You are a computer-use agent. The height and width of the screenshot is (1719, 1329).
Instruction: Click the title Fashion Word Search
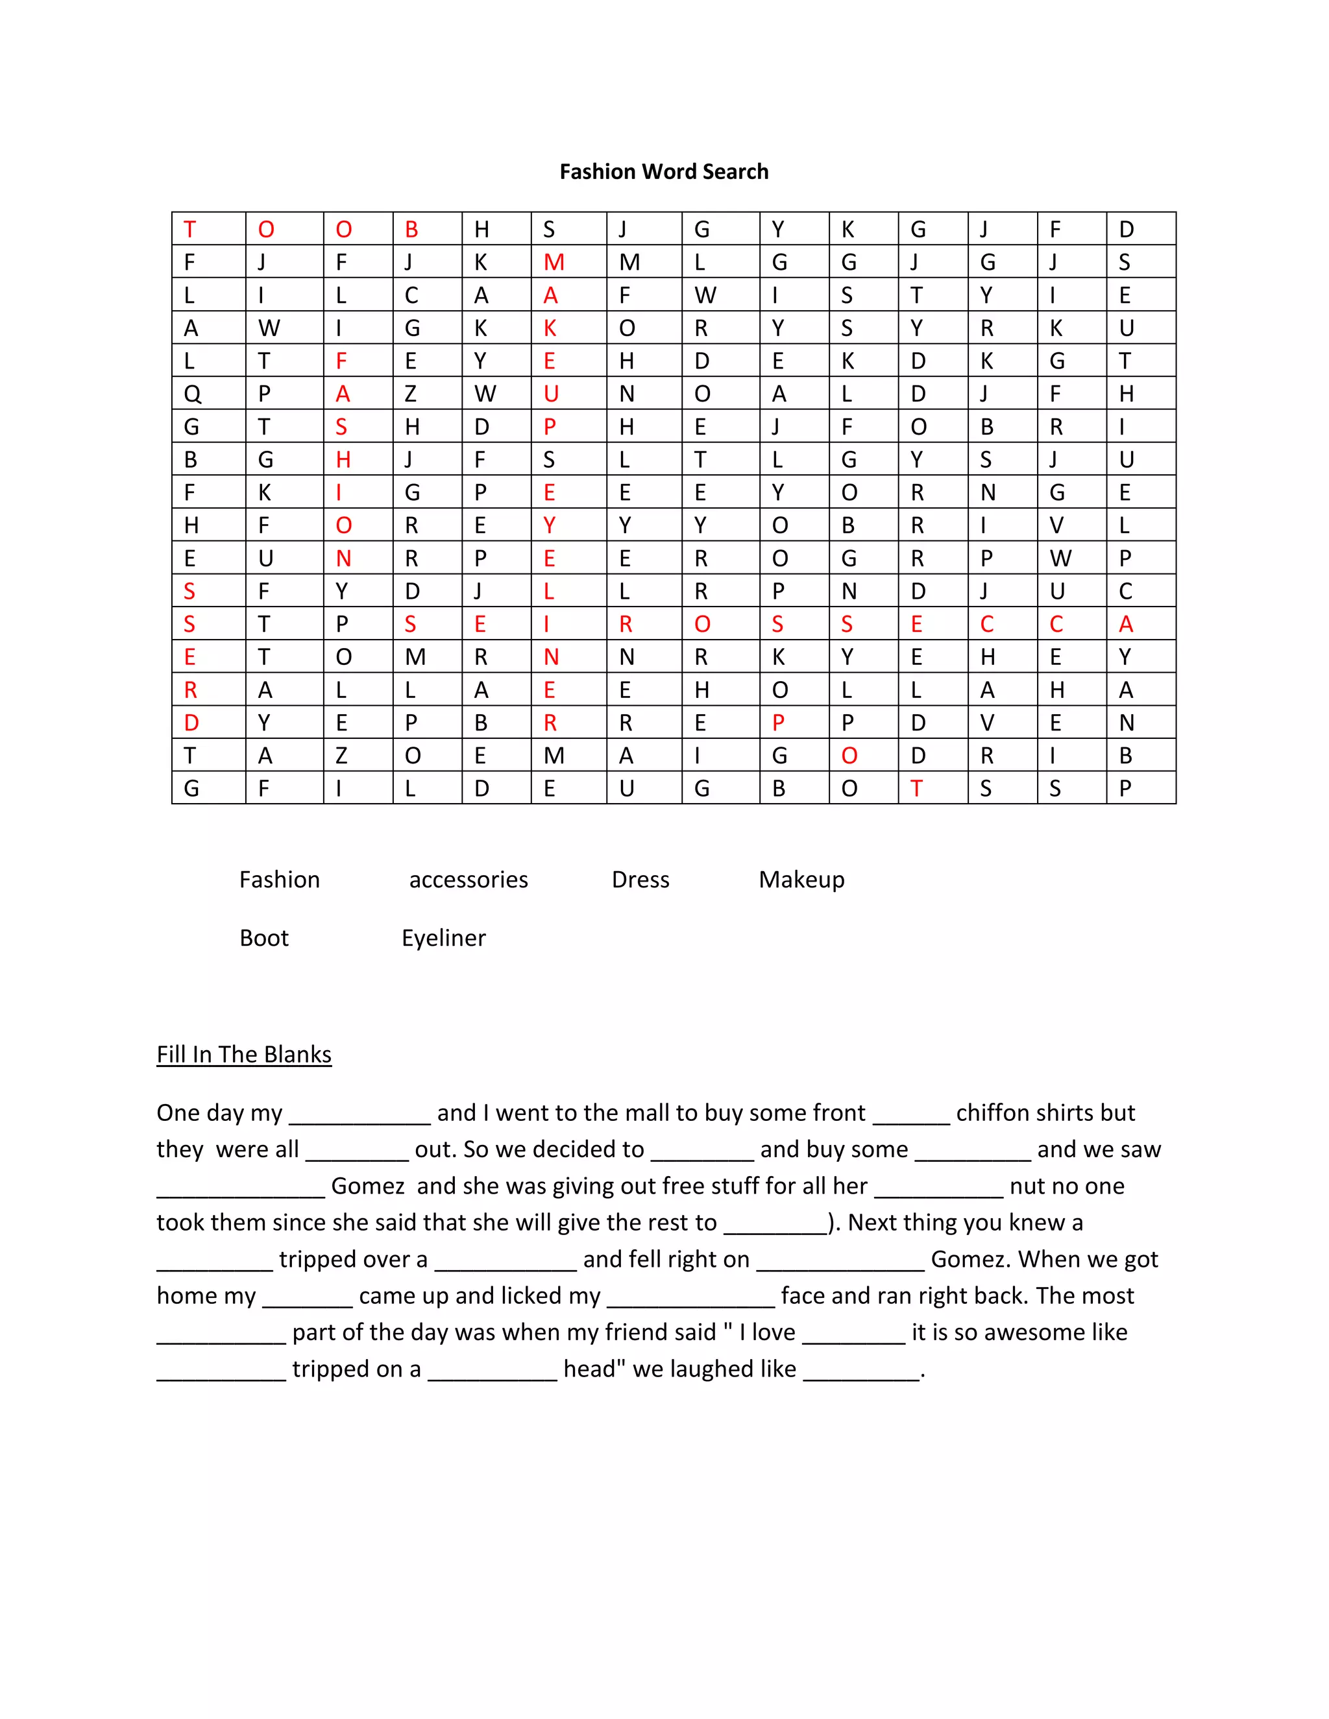(664, 172)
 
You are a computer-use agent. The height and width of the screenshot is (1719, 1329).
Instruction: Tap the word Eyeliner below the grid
(443, 938)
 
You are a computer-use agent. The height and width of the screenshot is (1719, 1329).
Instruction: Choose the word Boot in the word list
(263, 938)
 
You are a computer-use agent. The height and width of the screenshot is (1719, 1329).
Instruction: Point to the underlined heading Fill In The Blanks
(244, 1055)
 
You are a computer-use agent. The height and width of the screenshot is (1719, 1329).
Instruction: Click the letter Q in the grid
(192, 394)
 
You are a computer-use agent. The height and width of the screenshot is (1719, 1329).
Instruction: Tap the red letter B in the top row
(411, 229)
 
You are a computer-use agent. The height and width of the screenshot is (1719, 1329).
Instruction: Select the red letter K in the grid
(550, 328)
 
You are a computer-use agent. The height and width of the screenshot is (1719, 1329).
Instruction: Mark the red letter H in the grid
(343, 460)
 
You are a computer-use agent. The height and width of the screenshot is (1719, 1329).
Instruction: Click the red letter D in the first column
(191, 723)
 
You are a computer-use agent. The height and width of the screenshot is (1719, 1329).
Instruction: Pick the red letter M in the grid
(554, 262)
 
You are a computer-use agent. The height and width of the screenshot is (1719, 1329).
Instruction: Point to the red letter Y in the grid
(550, 525)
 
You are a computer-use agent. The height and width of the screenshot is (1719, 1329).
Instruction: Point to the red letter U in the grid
(551, 394)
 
